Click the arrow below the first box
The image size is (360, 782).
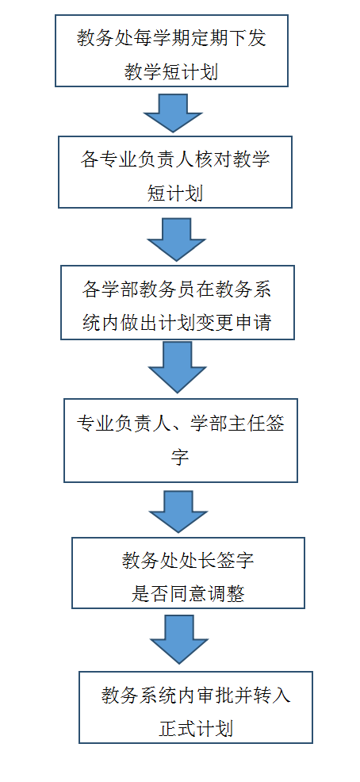click(x=173, y=113)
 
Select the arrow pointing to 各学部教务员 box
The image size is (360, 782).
click(x=177, y=240)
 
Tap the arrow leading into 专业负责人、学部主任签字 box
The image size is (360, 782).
click(x=177, y=367)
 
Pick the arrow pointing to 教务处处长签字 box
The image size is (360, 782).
click(x=178, y=512)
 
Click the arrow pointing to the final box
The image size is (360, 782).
click(x=179, y=639)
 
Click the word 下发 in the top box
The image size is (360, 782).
click(x=257, y=38)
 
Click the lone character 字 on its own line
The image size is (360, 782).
click(x=180, y=457)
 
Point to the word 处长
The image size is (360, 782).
click(x=207, y=561)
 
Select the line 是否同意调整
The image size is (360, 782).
click(x=188, y=594)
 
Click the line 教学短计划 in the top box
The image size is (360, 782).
click(x=171, y=72)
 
